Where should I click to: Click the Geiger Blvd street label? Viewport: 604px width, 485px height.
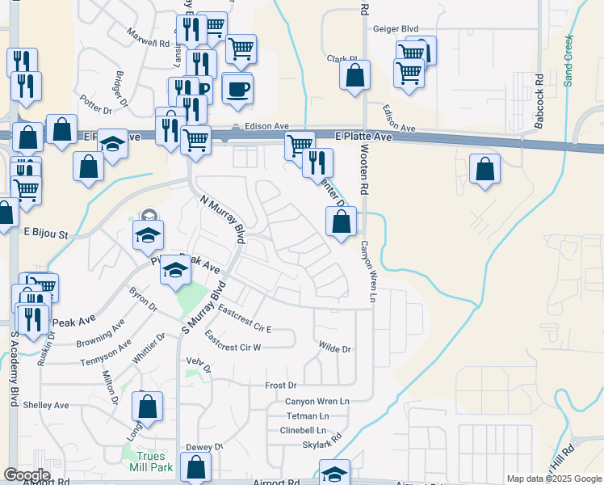(396, 29)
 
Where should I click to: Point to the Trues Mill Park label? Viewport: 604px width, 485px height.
(149, 462)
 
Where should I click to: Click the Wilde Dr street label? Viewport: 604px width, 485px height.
(334, 349)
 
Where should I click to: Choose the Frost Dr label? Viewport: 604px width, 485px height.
(281, 386)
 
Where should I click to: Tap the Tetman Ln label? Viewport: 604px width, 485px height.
(306, 415)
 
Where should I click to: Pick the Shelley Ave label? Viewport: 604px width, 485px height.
(46, 405)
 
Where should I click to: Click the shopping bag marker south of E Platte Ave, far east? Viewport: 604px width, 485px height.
(484, 169)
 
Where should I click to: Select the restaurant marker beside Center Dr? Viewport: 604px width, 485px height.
(318, 162)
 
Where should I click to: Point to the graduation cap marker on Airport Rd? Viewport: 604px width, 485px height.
(334, 474)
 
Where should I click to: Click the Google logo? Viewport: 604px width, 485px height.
(27, 475)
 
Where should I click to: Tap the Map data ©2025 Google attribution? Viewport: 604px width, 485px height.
(554, 479)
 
